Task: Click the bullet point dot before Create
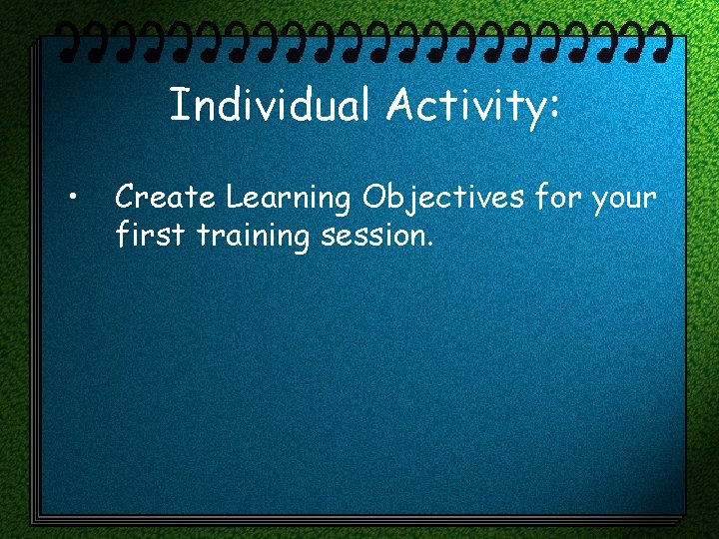click(x=74, y=197)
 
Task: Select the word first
click(x=142, y=236)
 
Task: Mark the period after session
click(x=429, y=246)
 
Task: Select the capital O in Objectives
click(x=374, y=198)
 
